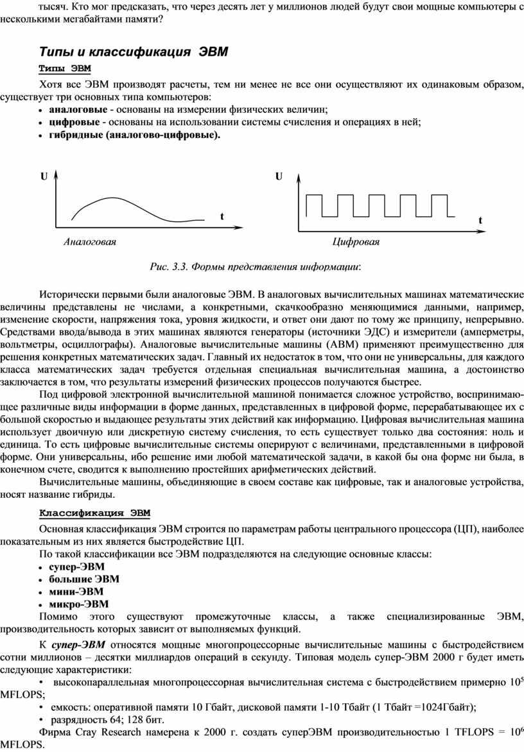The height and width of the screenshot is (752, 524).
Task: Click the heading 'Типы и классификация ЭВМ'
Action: [x=134, y=51]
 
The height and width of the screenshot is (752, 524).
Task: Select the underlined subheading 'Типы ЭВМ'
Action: [x=65, y=68]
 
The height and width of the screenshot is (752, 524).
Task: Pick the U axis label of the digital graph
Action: [x=279, y=176]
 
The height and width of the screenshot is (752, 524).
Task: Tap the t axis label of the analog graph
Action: [x=222, y=217]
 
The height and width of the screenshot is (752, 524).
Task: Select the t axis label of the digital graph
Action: [x=480, y=220]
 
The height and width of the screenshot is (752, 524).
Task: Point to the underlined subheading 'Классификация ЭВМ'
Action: [x=95, y=512]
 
